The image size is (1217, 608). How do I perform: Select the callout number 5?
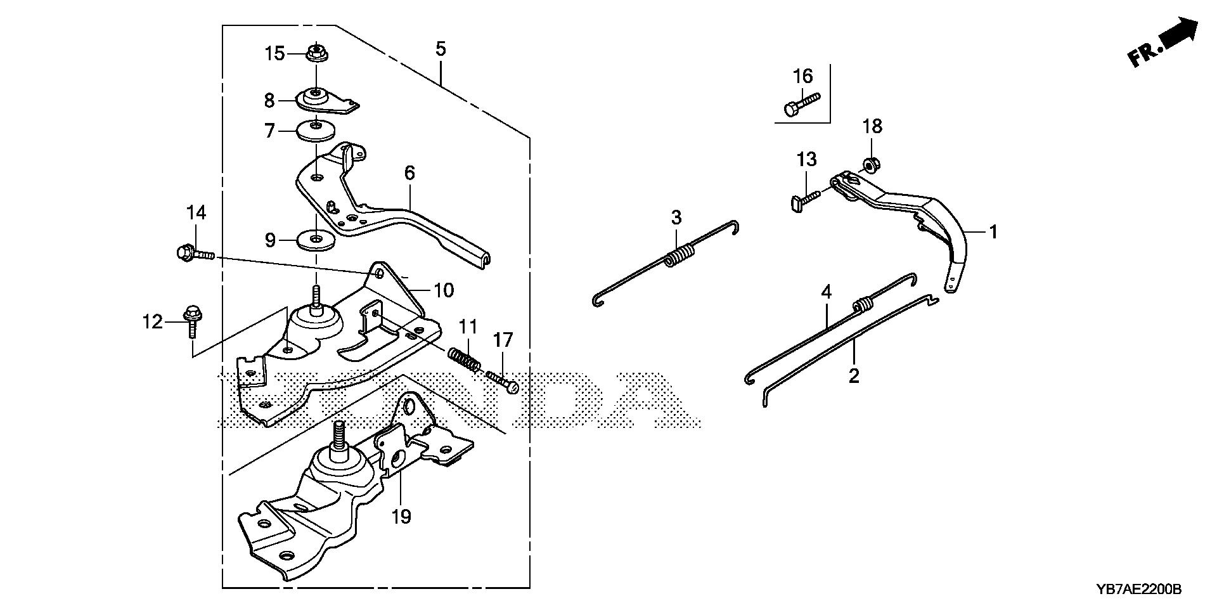point(441,49)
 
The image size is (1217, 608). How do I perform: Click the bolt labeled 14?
point(193,254)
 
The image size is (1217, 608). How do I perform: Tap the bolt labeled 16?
point(801,103)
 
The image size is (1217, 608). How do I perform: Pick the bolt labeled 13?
point(806,199)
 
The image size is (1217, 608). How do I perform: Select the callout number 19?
point(401,517)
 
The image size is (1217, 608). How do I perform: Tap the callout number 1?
point(993,232)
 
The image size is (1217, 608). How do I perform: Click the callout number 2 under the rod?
point(854,375)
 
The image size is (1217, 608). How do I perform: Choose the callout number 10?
point(444,290)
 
